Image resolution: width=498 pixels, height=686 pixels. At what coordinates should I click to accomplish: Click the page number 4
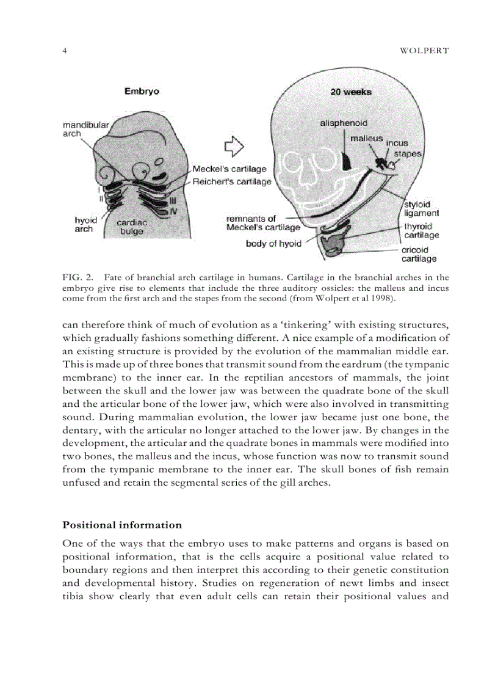[x=65, y=51]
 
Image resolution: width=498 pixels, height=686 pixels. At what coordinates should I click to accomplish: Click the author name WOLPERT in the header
[x=424, y=51]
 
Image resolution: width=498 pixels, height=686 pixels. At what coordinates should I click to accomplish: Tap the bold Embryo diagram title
[x=142, y=91]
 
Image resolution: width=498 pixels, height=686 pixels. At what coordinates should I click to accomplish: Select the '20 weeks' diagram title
[x=351, y=92]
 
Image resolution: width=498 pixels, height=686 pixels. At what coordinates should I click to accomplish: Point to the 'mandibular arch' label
[x=85, y=129]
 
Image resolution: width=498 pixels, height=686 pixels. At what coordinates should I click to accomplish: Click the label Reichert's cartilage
[x=232, y=181]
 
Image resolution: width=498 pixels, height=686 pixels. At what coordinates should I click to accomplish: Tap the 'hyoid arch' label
[x=85, y=224]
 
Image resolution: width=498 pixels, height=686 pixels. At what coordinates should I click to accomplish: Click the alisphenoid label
[x=344, y=123]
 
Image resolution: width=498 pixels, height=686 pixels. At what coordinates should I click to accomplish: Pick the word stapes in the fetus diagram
[x=407, y=154]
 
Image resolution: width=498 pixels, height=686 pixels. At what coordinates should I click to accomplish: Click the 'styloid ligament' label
[x=421, y=209]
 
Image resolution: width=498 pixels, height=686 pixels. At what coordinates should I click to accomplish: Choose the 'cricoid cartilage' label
[x=419, y=254]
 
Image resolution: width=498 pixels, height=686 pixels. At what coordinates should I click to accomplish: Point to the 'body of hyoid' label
[x=273, y=244]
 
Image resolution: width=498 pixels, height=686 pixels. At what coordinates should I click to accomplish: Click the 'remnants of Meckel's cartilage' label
[x=262, y=223]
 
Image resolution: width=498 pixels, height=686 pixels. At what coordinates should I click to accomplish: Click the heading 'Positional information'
[x=122, y=525]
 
